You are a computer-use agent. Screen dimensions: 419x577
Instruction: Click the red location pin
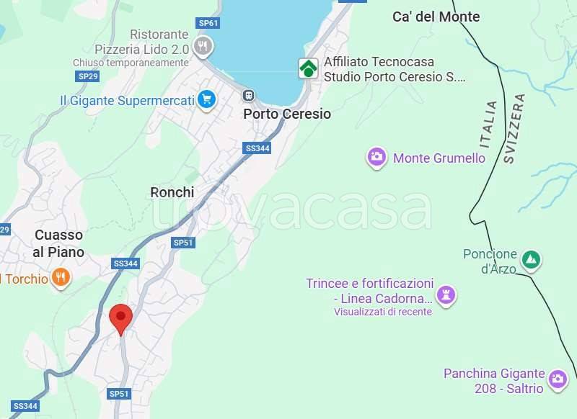(120, 318)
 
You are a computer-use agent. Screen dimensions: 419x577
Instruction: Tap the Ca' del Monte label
(436, 17)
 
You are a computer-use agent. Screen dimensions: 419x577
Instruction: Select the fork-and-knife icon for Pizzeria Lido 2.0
(203, 48)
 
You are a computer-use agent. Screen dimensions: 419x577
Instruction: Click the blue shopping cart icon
(207, 99)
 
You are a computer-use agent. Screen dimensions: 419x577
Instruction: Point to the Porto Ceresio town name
(287, 114)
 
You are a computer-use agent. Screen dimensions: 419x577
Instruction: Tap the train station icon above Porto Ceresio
(249, 95)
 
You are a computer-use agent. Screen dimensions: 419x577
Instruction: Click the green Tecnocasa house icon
(309, 68)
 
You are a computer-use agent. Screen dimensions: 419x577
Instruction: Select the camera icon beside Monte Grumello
(376, 158)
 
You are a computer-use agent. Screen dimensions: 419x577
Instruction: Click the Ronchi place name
(172, 192)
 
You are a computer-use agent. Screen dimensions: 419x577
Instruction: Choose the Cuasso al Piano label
(59, 243)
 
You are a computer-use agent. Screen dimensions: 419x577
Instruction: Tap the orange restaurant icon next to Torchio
(61, 278)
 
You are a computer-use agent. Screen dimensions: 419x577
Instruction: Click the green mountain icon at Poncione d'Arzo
(532, 259)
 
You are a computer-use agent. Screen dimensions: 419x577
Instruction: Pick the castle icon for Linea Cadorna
(446, 295)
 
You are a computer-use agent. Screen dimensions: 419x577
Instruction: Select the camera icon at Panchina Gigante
(557, 379)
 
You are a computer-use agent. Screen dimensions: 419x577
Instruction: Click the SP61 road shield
(208, 23)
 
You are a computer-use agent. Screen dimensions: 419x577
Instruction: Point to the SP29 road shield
(87, 76)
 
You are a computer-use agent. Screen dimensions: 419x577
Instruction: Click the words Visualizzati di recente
(382, 312)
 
